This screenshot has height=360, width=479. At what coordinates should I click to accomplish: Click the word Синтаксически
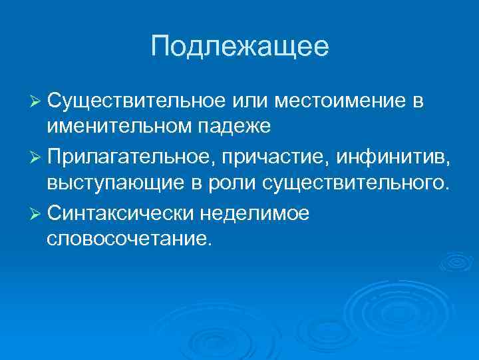(x=120, y=213)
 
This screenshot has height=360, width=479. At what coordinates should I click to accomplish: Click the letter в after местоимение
(x=417, y=101)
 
